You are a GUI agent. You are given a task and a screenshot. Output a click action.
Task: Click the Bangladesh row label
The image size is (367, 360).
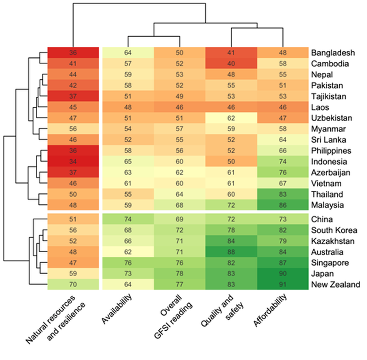tap(332, 53)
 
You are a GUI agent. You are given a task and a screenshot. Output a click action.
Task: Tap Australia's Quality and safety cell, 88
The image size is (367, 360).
tap(231, 252)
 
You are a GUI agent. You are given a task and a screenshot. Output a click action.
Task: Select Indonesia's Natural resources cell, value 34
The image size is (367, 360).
tap(73, 162)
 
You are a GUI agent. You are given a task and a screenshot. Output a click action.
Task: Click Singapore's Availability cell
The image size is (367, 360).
tap(128, 263)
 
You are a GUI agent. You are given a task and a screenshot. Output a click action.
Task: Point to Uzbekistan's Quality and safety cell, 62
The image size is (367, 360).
tap(231, 118)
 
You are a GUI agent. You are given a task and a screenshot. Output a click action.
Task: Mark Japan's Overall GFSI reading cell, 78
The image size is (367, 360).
tap(179, 274)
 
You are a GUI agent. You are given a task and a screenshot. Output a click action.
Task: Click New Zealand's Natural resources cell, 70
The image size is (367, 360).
tap(73, 285)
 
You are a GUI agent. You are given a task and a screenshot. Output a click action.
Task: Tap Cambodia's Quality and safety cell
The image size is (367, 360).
tap(231, 64)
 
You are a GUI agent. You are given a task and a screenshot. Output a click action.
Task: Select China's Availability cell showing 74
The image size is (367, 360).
tap(128, 219)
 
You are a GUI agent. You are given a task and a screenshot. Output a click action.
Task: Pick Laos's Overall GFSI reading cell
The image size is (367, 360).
tap(179, 107)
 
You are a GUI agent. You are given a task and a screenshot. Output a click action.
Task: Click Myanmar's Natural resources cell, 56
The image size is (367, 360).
tap(73, 129)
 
